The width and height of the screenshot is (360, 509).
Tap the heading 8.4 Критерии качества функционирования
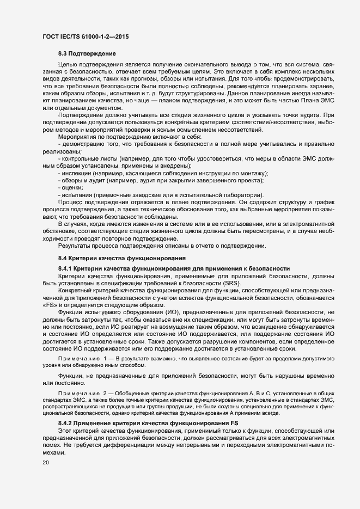(x=123, y=257)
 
